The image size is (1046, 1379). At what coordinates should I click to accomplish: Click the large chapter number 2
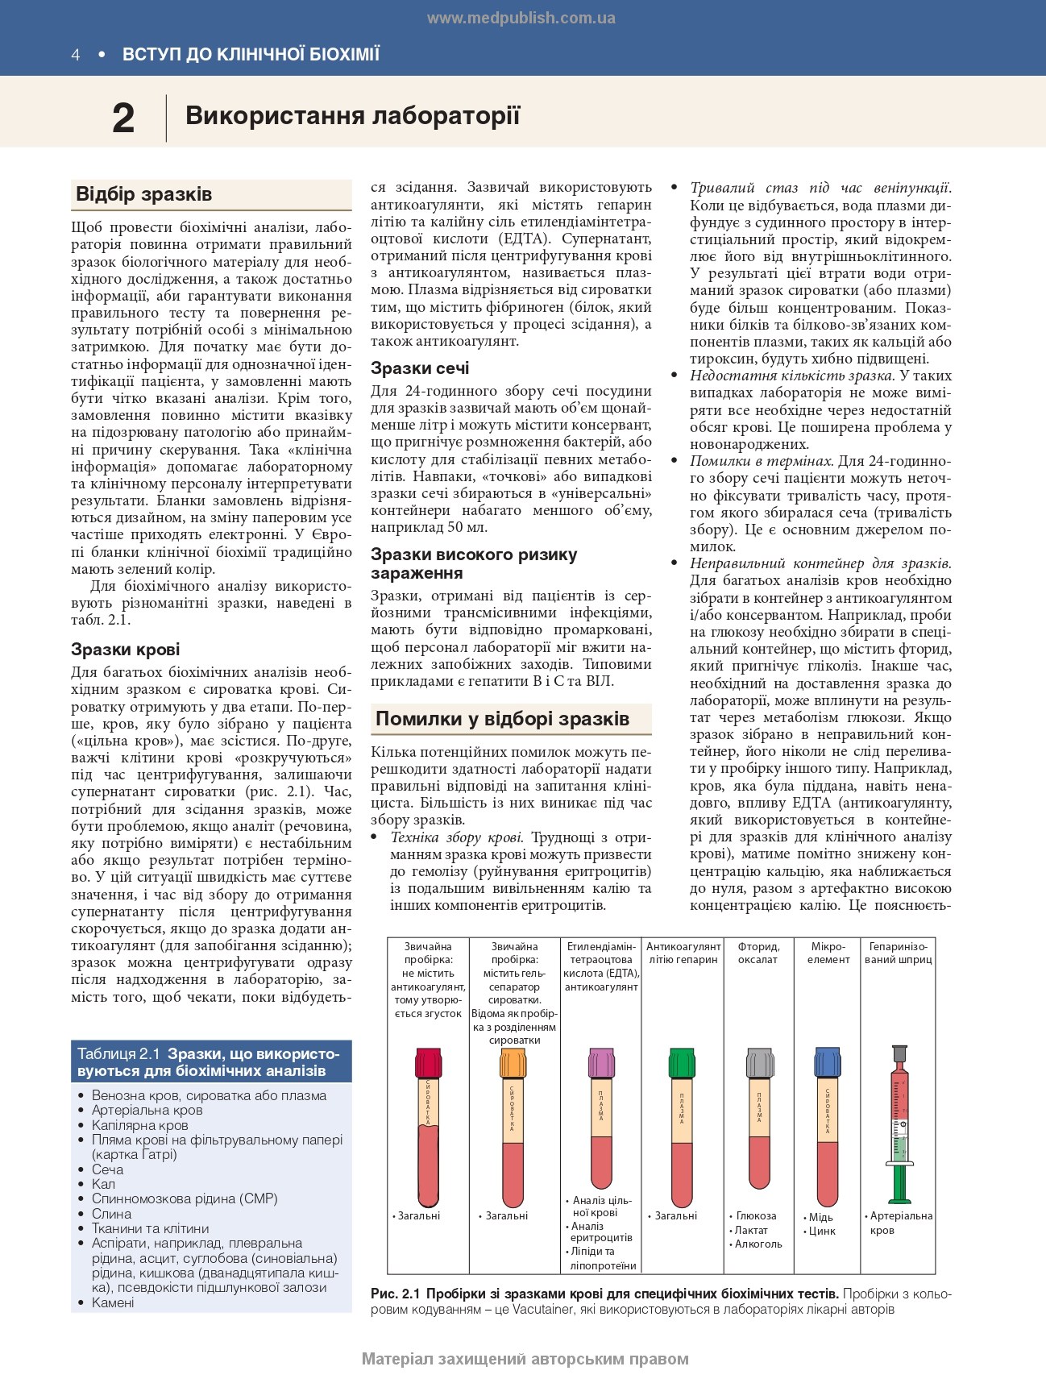123,118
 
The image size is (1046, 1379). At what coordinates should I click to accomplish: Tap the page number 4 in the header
76,55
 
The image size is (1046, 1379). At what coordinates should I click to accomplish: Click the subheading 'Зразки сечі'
420,368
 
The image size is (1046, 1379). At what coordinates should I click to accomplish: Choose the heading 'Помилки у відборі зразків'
502,718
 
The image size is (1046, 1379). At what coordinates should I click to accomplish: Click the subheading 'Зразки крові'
125,650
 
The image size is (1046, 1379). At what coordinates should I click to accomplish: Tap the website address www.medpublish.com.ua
521,18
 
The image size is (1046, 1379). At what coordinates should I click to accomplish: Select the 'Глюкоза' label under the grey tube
756,1215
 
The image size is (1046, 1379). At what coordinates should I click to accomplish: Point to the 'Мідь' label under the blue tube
820,1217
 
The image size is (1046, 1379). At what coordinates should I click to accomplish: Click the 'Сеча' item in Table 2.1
107,1169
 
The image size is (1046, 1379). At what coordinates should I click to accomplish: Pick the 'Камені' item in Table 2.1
113,1302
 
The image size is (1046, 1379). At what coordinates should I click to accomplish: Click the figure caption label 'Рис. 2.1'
396,1294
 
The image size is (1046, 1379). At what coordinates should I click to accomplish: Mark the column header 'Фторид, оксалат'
758,953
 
